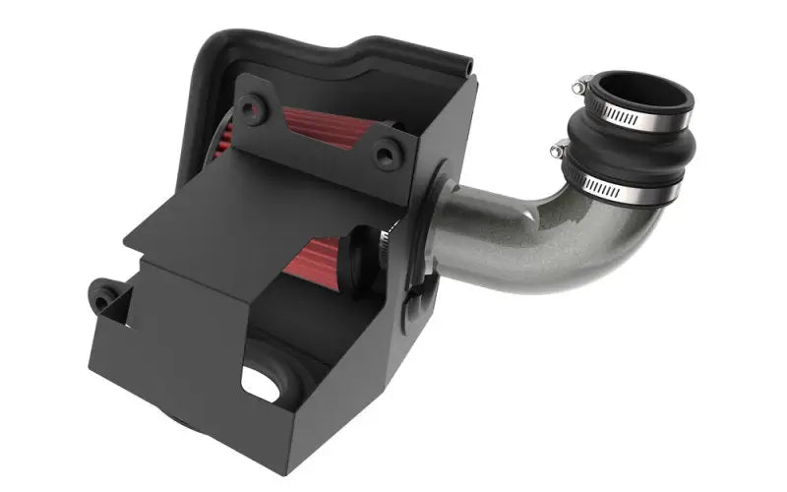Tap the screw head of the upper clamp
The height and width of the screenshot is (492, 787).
(584, 83)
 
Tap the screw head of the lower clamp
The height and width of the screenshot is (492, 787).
(559, 150)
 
